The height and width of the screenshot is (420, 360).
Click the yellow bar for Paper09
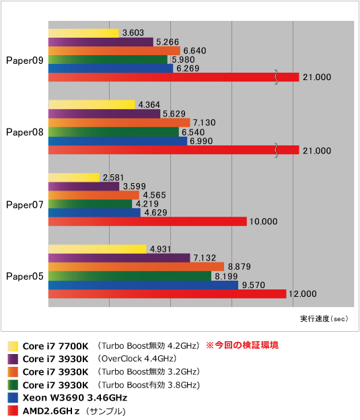point(83,33)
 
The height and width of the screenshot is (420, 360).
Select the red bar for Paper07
point(147,221)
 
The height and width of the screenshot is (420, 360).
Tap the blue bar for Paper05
point(143,285)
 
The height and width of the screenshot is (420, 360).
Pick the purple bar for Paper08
point(104,114)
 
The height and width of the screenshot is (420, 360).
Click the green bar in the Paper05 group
point(130,276)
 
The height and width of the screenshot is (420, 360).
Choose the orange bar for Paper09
point(114,50)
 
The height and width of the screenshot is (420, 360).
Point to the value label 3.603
point(133,33)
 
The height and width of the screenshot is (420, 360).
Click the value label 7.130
point(205,123)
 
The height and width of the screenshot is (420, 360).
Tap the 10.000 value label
point(264,221)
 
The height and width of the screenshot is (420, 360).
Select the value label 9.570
point(254,285)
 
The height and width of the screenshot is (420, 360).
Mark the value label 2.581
point(113,178)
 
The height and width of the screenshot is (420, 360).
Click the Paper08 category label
point(25,132)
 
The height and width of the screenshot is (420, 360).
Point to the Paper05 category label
point(25,276)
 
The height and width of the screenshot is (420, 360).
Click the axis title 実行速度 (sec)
point(324,318)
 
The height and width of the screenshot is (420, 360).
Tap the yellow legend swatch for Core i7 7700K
point(13,346)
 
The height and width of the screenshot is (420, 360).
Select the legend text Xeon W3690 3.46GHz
point(75,398)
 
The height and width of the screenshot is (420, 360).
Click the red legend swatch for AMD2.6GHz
point(13,411)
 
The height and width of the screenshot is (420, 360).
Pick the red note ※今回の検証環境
point(242,345)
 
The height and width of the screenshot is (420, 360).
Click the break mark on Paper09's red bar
point(276,77)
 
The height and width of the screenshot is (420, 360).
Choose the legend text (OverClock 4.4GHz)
point(137,359)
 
